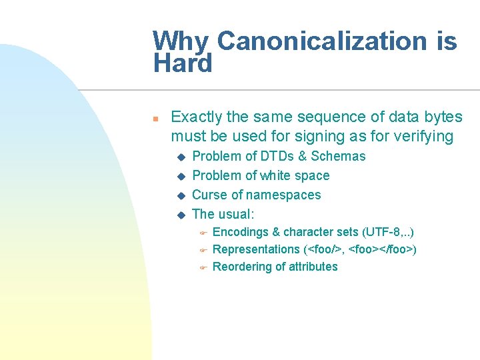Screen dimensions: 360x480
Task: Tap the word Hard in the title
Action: click(182, 64)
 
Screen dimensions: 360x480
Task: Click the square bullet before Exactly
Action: click(154, 119)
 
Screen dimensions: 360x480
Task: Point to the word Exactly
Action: click(197, 117)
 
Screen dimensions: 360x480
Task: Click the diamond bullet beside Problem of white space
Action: click(179, 176)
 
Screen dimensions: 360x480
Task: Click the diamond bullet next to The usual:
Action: click(179, 215)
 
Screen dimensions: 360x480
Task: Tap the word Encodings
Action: click(241, 233)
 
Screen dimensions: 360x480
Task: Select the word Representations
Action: click(256, 250)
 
